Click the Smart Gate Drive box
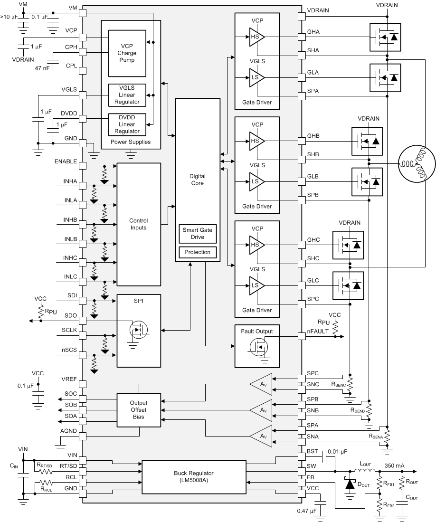pyautogui.click(x=198, y=233)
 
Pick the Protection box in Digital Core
pyautogui.click(x=198, y=252)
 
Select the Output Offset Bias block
pyautogui.click(x=139, y=409)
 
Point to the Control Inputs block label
pyautogui.click(x=139, y=224)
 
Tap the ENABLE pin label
pyautogui.click(x=66, y=161)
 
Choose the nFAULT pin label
pyautogui.click(x=318, y=332)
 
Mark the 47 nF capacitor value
pyautogui.click(x=42, y=68)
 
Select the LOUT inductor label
pyautogui.click(x=366, y=463)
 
